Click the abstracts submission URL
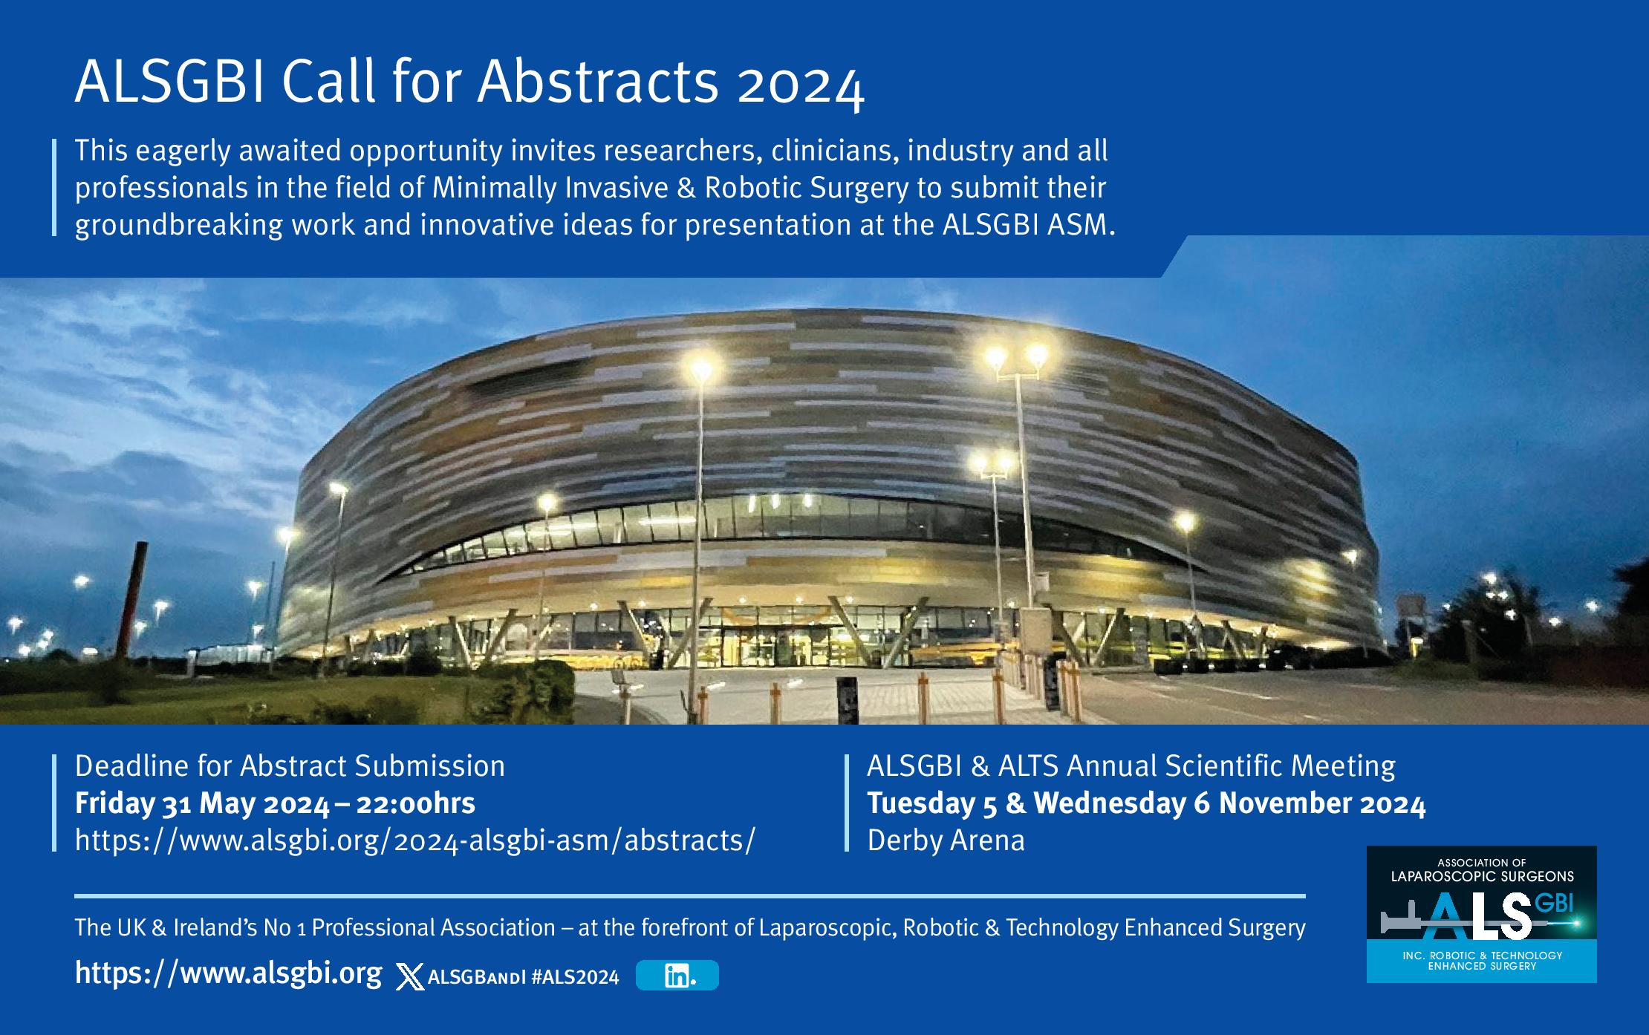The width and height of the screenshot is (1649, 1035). (x=414, y=840)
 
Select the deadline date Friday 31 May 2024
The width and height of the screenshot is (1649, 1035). (x=202, y=804)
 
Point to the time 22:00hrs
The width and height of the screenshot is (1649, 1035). (x=416, y=803)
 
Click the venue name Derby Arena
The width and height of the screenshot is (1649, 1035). (x=946, y=840)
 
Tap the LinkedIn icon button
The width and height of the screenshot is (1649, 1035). (x=677, y=975)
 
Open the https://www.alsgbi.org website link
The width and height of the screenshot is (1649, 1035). (x=229, y=973)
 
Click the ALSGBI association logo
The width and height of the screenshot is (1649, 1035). (x=1482, y=914)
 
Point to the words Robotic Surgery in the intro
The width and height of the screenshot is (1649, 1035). (x=806, y=188)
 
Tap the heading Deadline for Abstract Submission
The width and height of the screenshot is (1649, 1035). (x=290, y=766)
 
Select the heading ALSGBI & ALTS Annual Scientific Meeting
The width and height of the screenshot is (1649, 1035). (x=1131, y=766)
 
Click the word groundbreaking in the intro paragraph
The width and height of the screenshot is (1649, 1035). (x=178, y=225)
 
